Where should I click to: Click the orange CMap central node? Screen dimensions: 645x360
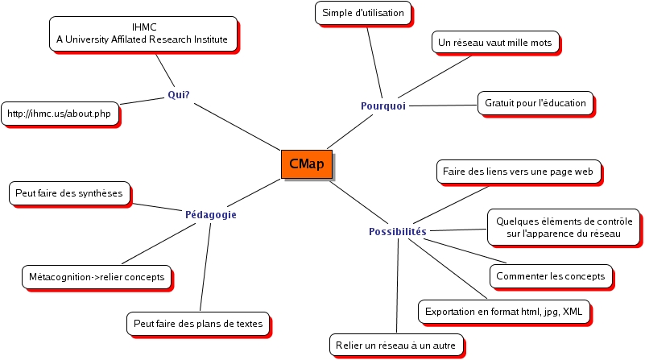pyautogui.click(x=306, y=163)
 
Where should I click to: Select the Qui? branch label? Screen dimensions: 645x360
pyautogui.click(x=179, y=94)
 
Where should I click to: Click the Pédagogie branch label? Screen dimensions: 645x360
pyautogui.click(x=211, y=215)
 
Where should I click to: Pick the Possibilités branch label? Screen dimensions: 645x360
pyautogui.click(x=398, y=232)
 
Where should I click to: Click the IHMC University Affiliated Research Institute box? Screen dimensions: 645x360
pyautogui.click(x=143, y=33)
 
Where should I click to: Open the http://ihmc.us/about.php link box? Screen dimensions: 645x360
pyautogui.click(x=59, y=114)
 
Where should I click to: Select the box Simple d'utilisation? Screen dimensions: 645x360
pyautogui.click(x=362, y=13)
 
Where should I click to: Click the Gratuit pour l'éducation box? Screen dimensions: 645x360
pyautogui.click(x=535, y=103)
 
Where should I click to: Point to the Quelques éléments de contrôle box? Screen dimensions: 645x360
pyautogui.click(x=564, y=227)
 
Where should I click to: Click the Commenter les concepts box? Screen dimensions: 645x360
pyautogui.click(x=550, y=276)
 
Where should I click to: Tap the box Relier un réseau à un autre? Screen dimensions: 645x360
pyautogui.click(x=398, y=346)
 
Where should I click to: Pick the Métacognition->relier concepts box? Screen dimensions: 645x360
pyautogui.click(x=97, y=277)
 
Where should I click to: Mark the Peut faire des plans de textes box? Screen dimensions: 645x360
pyautogui.click(x=198, y=324)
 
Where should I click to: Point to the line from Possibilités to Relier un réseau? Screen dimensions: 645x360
pyautogui.click(x=399, y=286)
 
